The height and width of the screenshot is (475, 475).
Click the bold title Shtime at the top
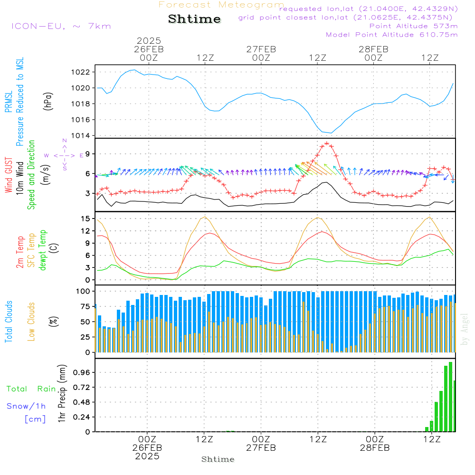pos(194,19)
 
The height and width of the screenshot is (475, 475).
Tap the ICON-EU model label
pos(61,26)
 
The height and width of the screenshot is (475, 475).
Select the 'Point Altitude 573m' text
pos(413,26)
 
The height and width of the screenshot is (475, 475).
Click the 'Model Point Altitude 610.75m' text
pos(392,35)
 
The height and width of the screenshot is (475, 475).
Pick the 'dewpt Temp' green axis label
pos(43,250)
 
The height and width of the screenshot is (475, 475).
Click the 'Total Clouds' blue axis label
pos(9,322)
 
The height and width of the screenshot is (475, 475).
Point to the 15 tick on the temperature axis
pos(85,218)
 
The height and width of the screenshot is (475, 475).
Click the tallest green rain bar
pos(450,397)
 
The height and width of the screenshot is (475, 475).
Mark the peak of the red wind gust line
pos(327,143)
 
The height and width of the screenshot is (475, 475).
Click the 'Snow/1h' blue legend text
pos(27,406)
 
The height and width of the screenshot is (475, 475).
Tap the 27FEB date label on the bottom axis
pos(261,447)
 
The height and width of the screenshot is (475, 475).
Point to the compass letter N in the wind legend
pos(65,141)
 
